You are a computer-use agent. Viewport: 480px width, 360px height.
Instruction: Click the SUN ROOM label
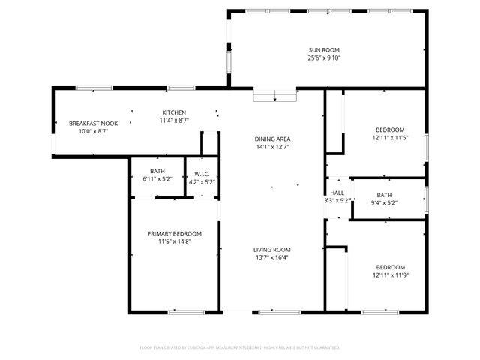coord(325,49)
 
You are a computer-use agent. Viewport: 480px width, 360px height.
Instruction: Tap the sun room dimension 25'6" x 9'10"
coord(325,58)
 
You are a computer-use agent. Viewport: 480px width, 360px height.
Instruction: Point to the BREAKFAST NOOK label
coord(94,123)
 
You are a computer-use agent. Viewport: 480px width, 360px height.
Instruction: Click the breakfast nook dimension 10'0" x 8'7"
coord(94,131)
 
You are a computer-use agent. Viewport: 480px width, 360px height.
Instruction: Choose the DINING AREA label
coord(272,139)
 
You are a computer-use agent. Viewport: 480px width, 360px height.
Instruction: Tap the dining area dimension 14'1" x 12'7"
coord(272,147)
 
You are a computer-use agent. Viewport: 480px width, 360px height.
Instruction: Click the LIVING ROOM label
coord(271,249)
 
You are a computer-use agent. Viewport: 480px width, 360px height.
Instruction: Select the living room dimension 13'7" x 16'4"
coord(271,257)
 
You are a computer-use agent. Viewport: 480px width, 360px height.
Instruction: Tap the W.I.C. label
coord(200,173)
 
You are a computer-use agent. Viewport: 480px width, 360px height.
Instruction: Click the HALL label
coord(337,193)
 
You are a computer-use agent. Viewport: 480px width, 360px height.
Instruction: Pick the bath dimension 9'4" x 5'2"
coord(384,203)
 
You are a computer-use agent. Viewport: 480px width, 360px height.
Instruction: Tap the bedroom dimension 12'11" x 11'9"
coord(390,275)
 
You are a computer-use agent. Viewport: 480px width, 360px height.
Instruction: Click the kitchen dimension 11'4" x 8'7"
coord(174,120)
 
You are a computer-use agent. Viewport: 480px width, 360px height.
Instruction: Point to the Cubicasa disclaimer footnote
coord(240,347)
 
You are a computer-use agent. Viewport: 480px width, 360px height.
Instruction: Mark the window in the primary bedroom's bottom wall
coord(187,311)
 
